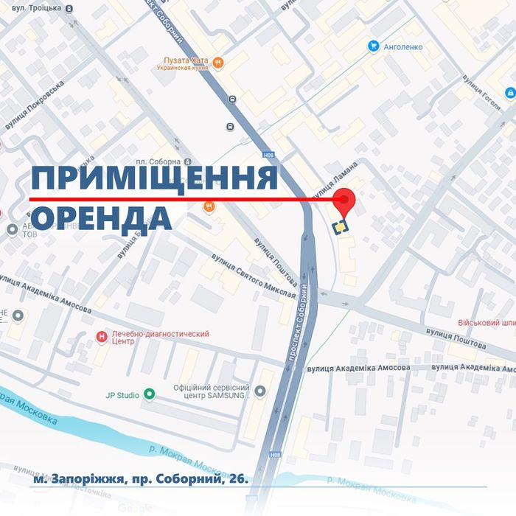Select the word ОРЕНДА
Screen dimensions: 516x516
pyautogui.click(x=102, y=218)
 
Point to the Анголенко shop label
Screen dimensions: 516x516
pyautogui.click(x=402, y=46)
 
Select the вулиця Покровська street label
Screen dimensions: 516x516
pyautogui.click(x=35, y=108)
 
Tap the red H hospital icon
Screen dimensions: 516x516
pyautogui.click(x=102, y=337)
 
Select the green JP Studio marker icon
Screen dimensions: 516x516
pyautogui.click(x=150, y=395)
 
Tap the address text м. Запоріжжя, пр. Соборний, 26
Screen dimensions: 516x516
pyautogui.click(x=141, y=480)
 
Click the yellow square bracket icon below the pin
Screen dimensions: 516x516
pyautogui.click(x=341, y=227)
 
